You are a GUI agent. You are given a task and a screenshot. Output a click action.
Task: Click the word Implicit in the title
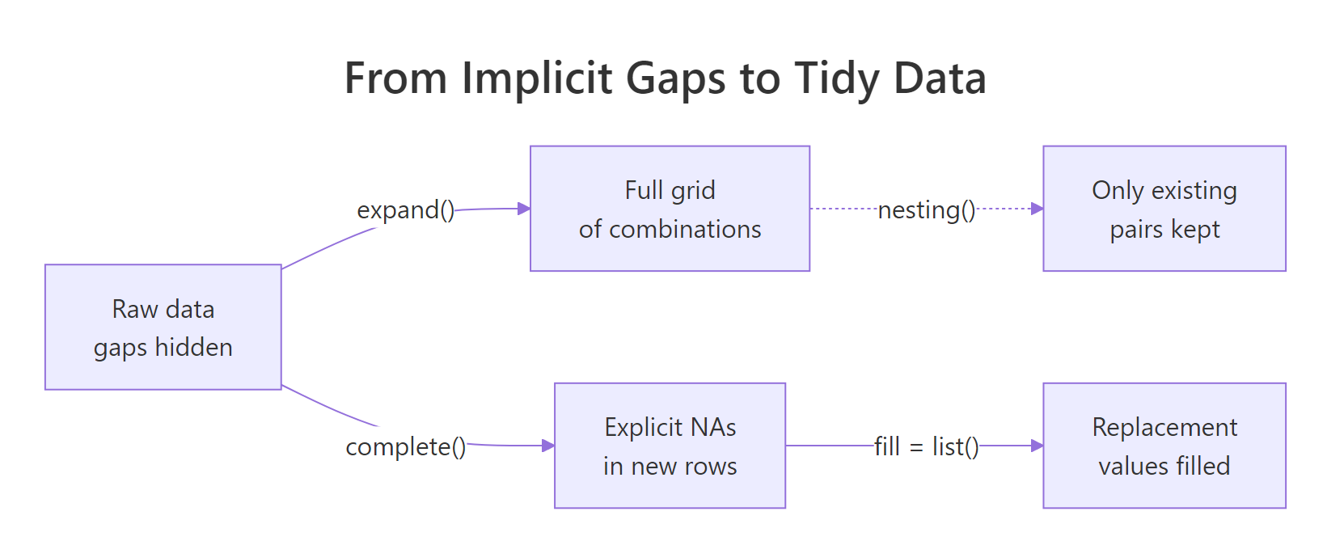click(537, 79)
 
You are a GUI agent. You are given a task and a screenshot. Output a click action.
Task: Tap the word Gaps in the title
click(676, 79)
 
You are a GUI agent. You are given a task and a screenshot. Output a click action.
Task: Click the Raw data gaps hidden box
click(163, 327)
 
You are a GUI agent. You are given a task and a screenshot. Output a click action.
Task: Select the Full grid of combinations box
click(670, 209)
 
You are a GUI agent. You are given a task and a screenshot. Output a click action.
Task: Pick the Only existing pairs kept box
click(1164, 209)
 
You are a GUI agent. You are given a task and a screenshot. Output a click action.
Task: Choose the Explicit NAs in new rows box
click(670, 446)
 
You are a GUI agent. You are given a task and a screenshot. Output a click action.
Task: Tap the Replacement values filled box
click(1164, 446)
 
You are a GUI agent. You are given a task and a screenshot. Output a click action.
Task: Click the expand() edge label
click(406, 210)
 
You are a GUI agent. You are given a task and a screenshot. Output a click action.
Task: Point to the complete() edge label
click(406, 446)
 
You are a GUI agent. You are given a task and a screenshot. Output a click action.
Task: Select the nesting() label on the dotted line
click(927, 210)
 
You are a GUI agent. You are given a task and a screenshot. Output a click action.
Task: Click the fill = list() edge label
click(927, 446)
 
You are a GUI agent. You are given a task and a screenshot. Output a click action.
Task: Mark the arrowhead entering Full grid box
click(524, 209)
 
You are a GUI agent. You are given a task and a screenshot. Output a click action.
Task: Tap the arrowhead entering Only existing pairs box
click(1037, 209)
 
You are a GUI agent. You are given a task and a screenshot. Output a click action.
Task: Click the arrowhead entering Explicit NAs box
click(548, 446)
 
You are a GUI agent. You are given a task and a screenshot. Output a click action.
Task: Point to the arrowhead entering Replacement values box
click(1037, 446)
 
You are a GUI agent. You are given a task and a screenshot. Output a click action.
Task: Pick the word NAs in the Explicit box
click(713, 427)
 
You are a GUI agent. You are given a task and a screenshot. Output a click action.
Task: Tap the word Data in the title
click(940, 79)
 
